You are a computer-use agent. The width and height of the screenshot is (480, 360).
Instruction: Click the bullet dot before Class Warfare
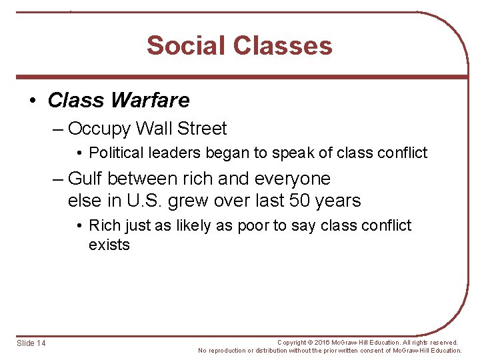coord(34,101)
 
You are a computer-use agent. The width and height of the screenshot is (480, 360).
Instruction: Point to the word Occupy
coord(101,129)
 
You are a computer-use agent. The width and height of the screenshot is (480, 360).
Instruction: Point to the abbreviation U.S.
coord(151,201)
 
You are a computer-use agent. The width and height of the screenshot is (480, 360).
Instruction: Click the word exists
coord(109,245)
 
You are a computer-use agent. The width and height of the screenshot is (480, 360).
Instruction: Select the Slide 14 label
coord(31,343)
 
